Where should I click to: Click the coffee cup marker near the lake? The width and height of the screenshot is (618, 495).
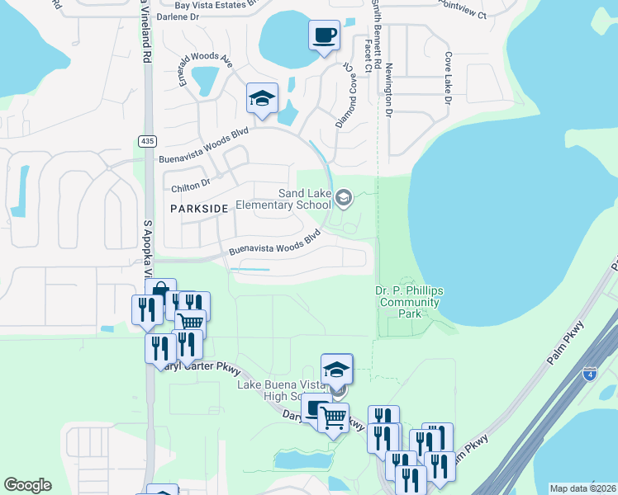pyautogui.click(x=324, y=36)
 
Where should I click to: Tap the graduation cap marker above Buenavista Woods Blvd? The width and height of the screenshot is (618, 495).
pyautogui.click(x=262, y=100)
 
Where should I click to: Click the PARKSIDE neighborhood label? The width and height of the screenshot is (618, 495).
pyautogui.click(x=198, y=210)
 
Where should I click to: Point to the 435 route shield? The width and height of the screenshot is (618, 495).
pyautogui.click(x=147, y=141)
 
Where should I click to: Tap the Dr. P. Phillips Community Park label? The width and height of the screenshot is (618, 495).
pyautogui.click(x=409, y=302)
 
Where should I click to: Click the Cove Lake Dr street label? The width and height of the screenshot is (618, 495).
pyautogui.click(x=448, y=78)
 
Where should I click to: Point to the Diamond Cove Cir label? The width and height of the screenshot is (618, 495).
pyautogui.click(x=345, y=95)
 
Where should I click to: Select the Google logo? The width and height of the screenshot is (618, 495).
pyautogui.click(x=27, y=485)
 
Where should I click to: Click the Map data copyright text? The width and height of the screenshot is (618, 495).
pyautogui.click(x=583, y=488)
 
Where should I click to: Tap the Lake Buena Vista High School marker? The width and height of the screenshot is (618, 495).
pyautogui.click(x=336, y=370)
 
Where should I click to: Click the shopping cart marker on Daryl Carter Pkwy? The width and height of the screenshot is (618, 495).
pyautogui.click(x=333, y=417)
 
